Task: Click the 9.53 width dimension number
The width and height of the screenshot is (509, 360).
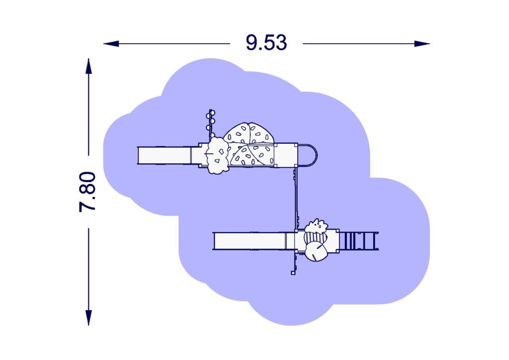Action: coord(266,43)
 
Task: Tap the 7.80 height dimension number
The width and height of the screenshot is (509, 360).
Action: coord(87,191)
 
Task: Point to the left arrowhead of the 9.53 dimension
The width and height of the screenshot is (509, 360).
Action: coord(111,43)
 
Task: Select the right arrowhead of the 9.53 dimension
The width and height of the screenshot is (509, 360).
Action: coord(422,43)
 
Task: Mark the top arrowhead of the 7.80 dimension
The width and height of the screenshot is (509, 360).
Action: coord(88,66)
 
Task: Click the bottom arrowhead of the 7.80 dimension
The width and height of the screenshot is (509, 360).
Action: coord(88,317)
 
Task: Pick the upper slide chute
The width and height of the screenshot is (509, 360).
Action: coord(164,156)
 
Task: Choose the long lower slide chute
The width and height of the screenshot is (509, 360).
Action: coord(250,241)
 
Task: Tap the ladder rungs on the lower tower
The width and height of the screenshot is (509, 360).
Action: coord(359,241)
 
